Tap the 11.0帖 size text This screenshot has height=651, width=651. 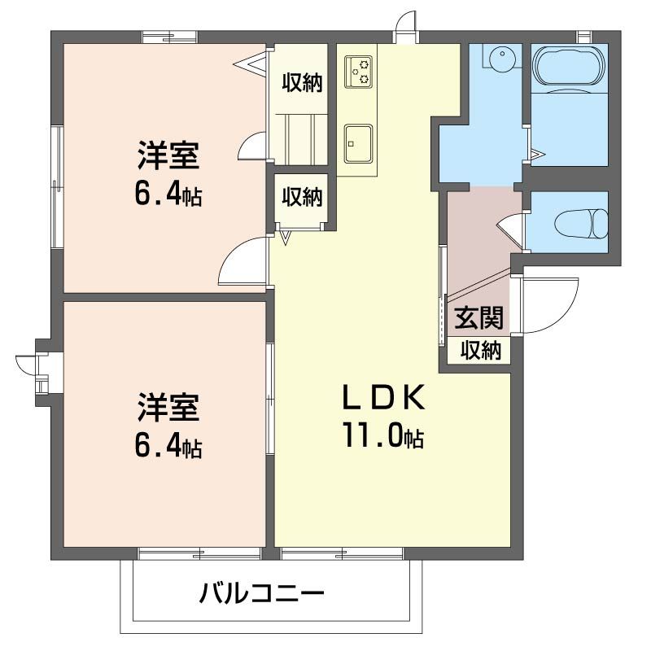(x=382, y=437)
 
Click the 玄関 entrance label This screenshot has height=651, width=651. (x=478, y=317)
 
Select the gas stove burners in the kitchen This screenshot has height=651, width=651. (x=358, y=70)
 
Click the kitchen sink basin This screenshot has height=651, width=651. (x=358, y=142)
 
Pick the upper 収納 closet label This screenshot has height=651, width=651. (x=303, y=82)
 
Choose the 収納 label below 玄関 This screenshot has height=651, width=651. (x=480, y=351)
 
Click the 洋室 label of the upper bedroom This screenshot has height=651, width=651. (x=168, y=155)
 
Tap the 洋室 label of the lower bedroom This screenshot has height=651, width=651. (x=168, y=407)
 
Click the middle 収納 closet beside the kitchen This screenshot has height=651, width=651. (x=303, y=196)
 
